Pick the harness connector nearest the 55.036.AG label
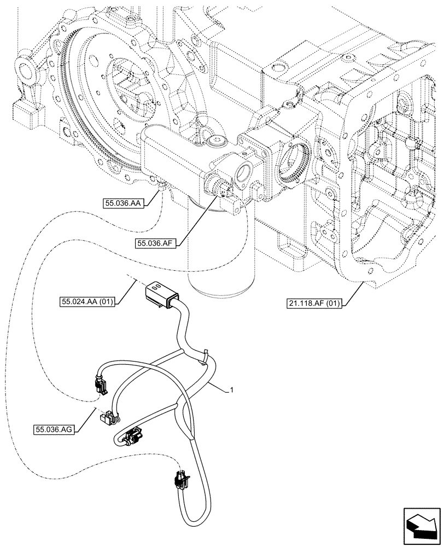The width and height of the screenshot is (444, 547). (x=107, y=418)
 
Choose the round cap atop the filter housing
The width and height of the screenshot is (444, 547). (x=214, y=142)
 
